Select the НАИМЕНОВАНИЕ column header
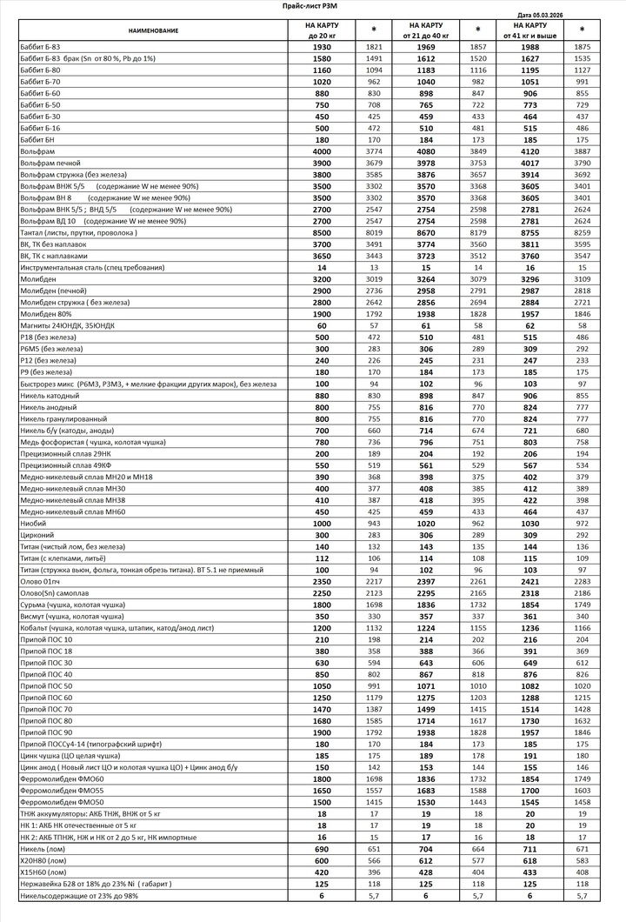[x=153, y=31]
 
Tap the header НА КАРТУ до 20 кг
[x=322, y=31]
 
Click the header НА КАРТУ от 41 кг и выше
[x=523, y=31]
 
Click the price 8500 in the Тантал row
[x=322, y=233]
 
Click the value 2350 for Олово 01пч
[x=322, y=581]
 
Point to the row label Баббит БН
[x=37, y=139]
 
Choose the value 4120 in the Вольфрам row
[x=523, y=151]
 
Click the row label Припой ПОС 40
[x=45, y=674]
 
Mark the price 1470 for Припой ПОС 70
[x=322, y=710]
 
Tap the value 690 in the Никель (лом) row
[x=322, y=849]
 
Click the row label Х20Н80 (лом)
[x=43, y=860]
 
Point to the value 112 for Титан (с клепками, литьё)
[x=322, y=558]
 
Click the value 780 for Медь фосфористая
[x=322, y=442]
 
